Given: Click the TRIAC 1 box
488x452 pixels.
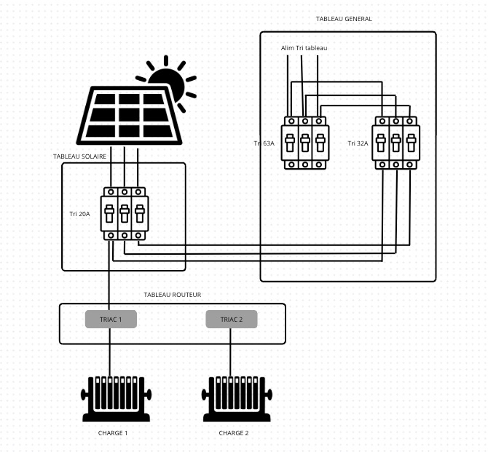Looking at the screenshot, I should [x=111, y=319].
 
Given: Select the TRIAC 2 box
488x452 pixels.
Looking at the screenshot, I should [x=231, y=319].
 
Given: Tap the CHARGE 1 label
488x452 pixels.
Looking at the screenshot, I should [x=112, y=433].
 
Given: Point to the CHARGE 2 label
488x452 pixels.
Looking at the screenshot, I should [x=233, y=433].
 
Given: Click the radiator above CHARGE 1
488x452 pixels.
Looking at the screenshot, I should [x=115, y=398].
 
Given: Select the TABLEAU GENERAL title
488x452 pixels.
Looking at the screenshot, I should [x=344, y=19].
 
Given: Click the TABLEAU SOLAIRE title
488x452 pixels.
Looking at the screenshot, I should [x=80, y=156].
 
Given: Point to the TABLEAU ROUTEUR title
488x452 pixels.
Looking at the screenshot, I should [x=173, y=295].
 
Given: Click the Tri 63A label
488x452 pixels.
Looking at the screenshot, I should [x=264, y=143].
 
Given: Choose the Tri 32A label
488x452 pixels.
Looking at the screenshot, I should [x=358, y=143].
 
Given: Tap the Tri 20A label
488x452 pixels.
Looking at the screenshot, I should [x=79, y=214].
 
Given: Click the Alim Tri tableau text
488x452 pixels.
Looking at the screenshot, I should [x=304, y=48].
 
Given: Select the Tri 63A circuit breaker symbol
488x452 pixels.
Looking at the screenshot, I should [x=304, y=143].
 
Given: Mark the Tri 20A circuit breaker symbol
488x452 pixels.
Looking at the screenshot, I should [x=125, y=214].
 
